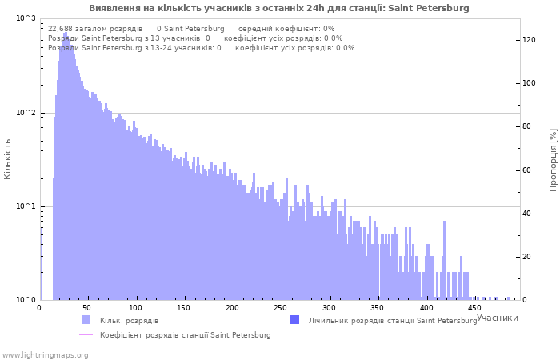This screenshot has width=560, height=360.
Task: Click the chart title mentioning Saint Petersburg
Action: click(278, 8)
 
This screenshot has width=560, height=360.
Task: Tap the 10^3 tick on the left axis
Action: click(26, 18)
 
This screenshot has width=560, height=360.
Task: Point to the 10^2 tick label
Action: click(26, 113)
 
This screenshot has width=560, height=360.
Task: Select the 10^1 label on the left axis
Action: click(26, 206)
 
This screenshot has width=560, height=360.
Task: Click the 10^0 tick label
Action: click(26, 300)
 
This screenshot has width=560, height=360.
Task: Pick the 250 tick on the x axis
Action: click(280, 308)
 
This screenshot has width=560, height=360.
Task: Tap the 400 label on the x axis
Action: click(426, 308)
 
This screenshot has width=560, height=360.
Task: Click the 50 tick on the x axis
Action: click(86, 308)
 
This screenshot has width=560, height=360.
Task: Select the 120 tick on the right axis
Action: click(530, 40)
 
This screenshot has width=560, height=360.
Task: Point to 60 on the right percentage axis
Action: click(527, 170)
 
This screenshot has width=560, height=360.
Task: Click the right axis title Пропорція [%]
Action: click(553, 160)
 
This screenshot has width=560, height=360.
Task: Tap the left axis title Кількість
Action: click(7, 159)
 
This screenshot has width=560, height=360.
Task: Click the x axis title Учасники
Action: click(497, 318)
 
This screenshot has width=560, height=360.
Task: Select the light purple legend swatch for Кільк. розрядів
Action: click(86, 320)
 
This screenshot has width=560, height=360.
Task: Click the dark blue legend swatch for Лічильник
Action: click(294, 320)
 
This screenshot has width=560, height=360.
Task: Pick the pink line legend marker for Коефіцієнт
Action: click(86, 334)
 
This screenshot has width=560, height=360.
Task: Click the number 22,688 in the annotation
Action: click(60, 29)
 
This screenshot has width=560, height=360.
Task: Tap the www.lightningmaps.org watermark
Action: click(45, 355)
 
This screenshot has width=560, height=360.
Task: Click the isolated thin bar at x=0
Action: click(41, 264)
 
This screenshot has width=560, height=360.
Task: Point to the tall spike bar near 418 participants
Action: click(444, 260)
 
